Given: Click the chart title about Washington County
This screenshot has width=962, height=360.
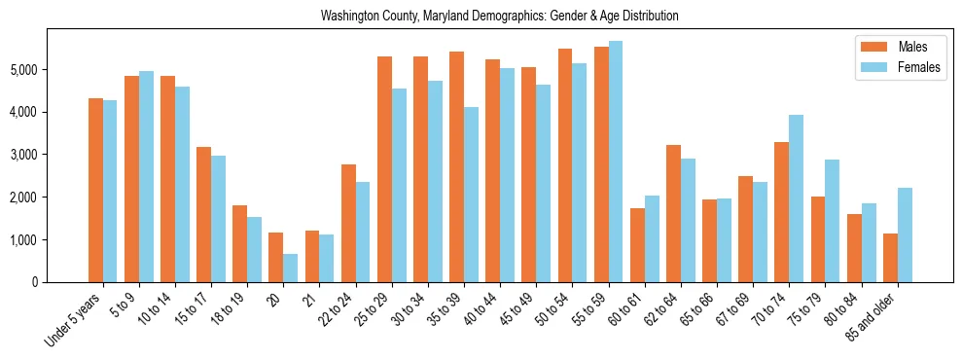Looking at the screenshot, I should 499,17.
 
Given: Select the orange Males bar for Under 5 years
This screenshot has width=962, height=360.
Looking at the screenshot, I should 95,190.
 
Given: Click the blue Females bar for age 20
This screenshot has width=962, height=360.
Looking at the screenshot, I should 291,268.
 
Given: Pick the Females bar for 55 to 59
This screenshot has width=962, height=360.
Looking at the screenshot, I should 616,162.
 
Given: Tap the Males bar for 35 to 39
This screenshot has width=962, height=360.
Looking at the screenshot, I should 456,166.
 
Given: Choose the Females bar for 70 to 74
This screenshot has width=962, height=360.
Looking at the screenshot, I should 796,198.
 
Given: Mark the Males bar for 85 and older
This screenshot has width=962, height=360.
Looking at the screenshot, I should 890,258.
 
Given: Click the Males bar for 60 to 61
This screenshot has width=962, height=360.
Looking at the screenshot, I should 637,245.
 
